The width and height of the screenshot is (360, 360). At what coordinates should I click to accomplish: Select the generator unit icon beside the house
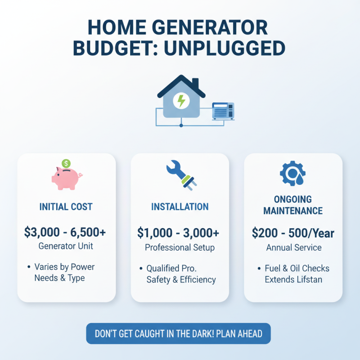tap(223, 111)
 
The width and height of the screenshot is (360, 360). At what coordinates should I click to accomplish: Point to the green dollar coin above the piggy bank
tap(66, 163)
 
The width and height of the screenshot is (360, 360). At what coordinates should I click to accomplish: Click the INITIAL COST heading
tap(66, 207)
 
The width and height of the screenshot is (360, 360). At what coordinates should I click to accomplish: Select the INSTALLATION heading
tap(180, 207)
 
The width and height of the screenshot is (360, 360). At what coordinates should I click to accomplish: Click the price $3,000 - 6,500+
tap(66, 232)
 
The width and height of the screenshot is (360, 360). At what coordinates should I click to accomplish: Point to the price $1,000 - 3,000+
tap(179, 233)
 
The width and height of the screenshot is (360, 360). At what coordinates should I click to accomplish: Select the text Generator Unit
tap(66, 247)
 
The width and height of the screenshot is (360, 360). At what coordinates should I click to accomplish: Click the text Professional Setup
tap(180, 247)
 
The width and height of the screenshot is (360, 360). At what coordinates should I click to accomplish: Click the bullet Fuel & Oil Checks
tap(297, 269)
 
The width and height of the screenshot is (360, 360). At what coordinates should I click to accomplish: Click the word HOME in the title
tap(118, 27)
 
